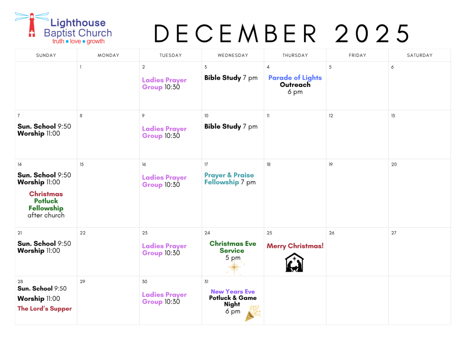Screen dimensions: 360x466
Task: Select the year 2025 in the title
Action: point(372,34)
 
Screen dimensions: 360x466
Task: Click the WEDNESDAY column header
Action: point(233,56)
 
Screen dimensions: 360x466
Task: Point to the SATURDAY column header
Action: point(420,56)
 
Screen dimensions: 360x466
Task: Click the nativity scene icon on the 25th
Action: point(294,263)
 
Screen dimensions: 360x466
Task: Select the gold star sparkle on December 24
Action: point(235,267)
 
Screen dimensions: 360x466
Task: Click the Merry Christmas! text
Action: point(295,246)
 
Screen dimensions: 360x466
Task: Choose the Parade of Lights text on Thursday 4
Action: point(295,78)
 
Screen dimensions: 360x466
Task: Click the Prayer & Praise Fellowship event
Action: point(230,179)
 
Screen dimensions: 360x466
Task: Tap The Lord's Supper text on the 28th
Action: point(44,309)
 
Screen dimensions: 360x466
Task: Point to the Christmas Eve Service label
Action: point(233,247)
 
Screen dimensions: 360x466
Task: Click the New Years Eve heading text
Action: point(233,292)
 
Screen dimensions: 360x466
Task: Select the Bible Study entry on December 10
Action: point(231,127)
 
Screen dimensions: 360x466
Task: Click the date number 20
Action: point(394,165)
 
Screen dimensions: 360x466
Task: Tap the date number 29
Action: point(82,282)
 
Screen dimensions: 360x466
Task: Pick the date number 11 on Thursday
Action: point(268,116)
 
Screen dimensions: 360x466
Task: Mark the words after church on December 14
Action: point(46,215)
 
